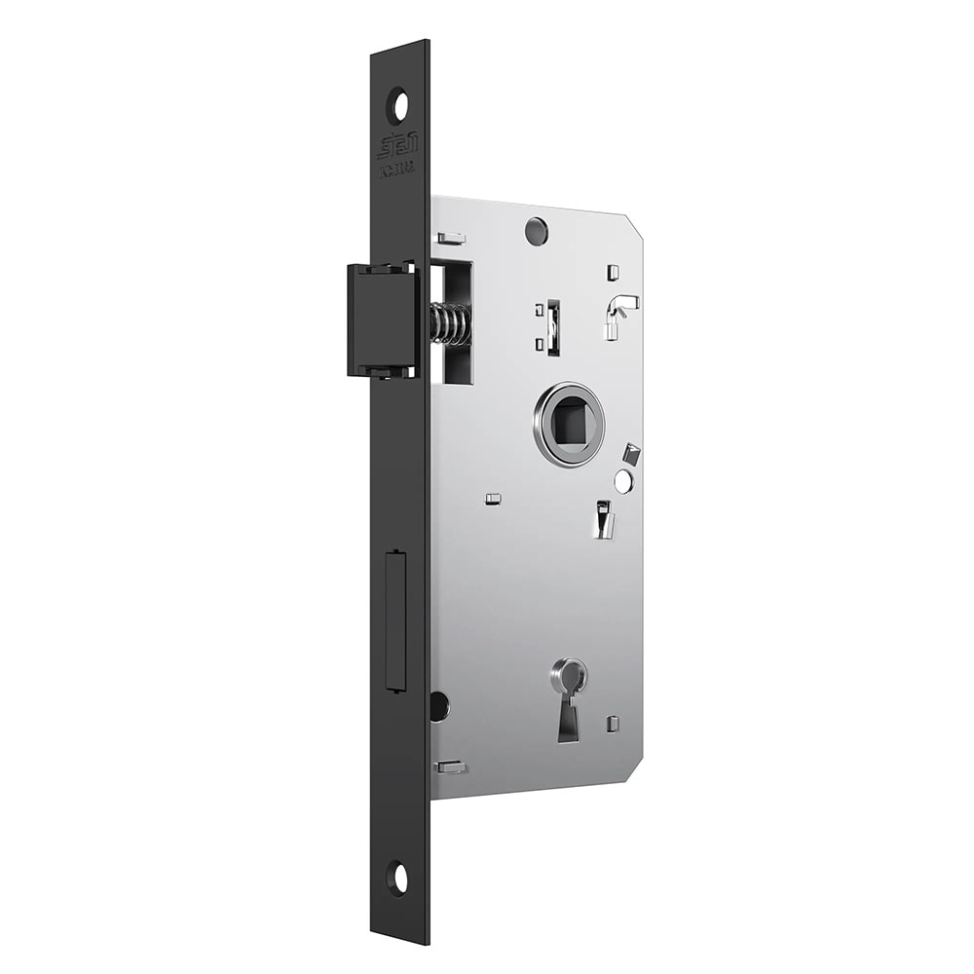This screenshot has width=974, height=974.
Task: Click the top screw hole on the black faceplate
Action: click(x=397, y=105)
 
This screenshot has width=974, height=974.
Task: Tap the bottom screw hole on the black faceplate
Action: click(x=397, y=878)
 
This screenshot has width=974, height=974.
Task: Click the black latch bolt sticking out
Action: click(x=380, y=319)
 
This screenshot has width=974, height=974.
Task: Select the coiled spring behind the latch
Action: click(x=450, y=324)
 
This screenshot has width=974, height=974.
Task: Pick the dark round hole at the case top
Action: click(x=535, y=231)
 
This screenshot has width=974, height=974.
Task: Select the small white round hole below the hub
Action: click(x=623, y=481)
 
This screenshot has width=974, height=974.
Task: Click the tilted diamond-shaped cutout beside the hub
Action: click(x=632, y=454)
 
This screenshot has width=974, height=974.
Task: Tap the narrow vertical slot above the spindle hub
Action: click(x=553, y=327)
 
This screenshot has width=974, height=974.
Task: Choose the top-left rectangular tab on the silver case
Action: click(x=451, y=238)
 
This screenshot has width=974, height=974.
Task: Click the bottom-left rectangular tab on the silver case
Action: click(x=451, y=767)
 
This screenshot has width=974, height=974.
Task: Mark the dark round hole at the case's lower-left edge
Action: click(x=439, y=706)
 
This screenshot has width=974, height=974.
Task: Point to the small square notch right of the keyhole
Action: click(x=613, y=724)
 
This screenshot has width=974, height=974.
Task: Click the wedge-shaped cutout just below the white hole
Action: click(x=605, y=518)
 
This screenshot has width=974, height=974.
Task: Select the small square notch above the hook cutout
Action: click(x=612, y=272)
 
